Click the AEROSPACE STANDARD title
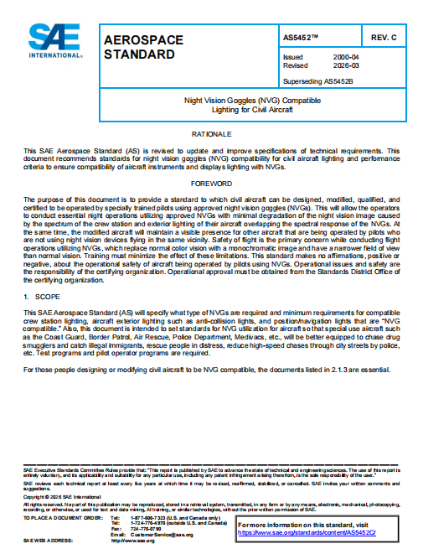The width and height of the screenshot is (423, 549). point(139,47)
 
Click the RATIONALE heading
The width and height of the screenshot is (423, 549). point(211,134)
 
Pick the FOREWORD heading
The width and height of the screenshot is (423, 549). point(211,183)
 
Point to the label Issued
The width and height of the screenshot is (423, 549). point(293,57)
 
